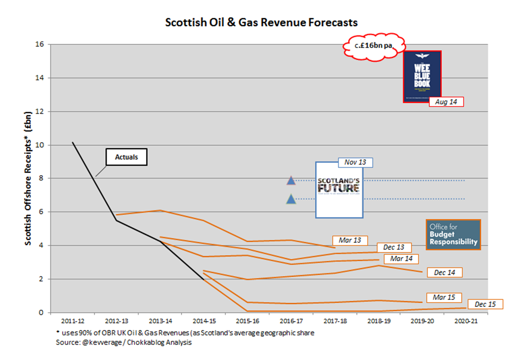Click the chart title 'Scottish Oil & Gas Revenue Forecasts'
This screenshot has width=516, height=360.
(261, 22)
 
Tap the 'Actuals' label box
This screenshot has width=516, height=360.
(126, 157)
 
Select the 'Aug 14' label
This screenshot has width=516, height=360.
(446, 102)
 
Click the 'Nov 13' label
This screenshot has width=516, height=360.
(355, 163)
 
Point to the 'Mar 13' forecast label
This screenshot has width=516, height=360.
(350, 240)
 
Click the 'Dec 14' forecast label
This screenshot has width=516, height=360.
(444, 273)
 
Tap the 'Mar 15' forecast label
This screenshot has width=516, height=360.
(444, 297)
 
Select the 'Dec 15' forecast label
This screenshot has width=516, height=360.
(485, 304)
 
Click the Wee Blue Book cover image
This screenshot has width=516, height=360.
(422, 76)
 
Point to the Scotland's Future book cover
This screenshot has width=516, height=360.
(339, 190)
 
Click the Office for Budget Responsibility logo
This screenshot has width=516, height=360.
(453, 235)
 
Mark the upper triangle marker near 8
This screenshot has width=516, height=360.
(291, 180)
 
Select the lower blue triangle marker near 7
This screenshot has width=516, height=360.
(291, 199)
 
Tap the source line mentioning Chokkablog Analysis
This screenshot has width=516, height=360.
(124, 343)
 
